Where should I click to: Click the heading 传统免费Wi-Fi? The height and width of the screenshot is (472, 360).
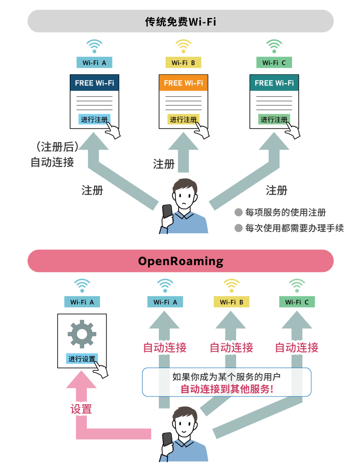[180, 21]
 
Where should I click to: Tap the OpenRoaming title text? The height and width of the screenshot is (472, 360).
[180, 261]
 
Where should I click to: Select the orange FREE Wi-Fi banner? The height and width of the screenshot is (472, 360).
[183, 83]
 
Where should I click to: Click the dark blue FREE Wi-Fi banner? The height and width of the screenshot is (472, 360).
[94, 83]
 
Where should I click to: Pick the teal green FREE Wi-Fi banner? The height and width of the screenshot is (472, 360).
[274, 83]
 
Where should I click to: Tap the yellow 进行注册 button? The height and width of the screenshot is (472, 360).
[183, 120]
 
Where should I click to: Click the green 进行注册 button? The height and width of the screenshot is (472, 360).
[274, 120]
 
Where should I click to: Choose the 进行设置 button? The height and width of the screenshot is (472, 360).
[82, 359]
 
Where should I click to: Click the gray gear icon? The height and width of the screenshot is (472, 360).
[82, 333]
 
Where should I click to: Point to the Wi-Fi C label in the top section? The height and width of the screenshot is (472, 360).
[274, 63]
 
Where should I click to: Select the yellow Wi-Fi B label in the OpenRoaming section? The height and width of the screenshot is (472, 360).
[231, 302]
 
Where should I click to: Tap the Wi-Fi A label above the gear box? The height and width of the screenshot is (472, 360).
[82, 302]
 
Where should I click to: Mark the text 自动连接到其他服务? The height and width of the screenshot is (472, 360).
[227, 389]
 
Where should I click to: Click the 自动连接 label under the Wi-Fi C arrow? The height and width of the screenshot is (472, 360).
[297, 347]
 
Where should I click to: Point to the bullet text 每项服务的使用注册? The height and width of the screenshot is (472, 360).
[285, 213]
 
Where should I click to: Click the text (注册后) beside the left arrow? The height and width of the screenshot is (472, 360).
[57, 147]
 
